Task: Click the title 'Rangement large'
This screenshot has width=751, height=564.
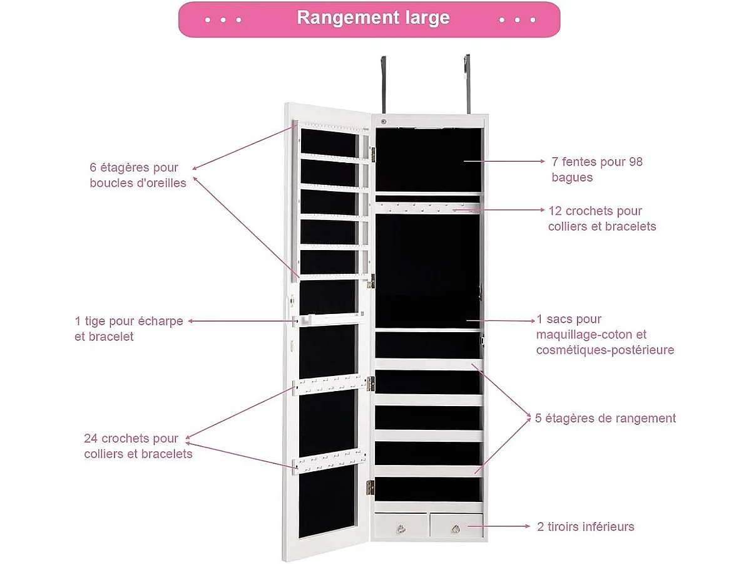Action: [373, 18]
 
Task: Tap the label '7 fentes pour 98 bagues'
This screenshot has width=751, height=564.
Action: [596, 169]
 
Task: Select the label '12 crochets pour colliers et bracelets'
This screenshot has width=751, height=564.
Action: [601, 218]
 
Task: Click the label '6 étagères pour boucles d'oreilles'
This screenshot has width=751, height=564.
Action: [138, 175]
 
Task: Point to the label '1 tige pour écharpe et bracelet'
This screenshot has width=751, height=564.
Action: [128, 328]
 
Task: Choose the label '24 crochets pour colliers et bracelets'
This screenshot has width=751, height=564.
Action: [138, 446]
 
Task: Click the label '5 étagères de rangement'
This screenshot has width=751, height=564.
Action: [605, 418]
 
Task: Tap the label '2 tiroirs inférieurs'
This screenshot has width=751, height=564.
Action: [585, 526]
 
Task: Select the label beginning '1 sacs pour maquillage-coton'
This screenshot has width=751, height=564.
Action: [605, 335]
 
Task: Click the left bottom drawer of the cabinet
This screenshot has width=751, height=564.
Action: [401, 525]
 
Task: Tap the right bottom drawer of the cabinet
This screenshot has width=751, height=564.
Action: [456, 525]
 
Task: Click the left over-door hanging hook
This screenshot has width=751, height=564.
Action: [383, 81]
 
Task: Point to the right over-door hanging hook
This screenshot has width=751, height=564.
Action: [466, 81]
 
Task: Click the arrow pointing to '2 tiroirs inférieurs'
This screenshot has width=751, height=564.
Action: [506, 527]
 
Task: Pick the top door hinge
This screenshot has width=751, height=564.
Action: [372, 152]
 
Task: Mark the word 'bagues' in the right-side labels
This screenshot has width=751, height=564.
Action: [571, 177]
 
